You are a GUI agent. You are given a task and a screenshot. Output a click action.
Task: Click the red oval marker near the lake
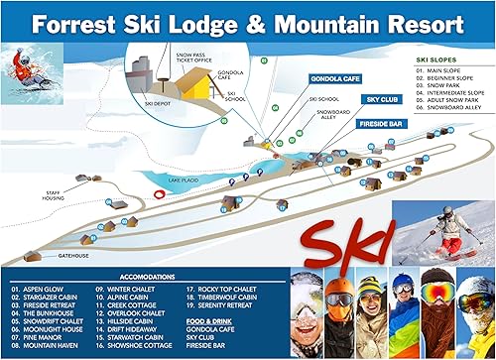pos(159,194)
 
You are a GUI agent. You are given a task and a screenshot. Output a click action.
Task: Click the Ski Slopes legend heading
pos(437,60)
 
